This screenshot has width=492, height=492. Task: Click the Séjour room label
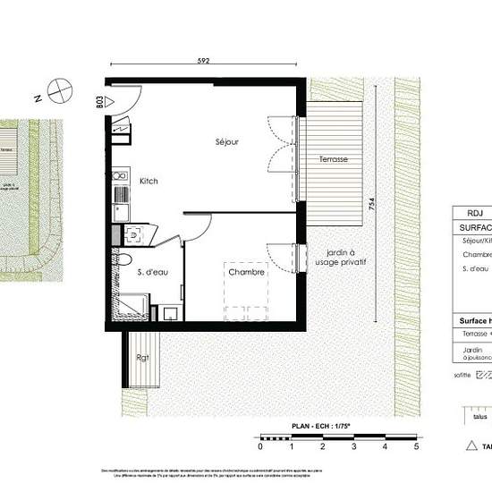coord(226,142)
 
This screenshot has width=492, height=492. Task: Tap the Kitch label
coord(148,182)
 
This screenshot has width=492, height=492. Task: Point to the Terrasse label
coord(334,159)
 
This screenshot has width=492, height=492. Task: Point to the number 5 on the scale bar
coord(415,445)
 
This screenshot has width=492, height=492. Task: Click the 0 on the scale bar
coord(260,445)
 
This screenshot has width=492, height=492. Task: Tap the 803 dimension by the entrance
coord(99,100)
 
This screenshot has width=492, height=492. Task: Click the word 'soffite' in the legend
coord(463,376)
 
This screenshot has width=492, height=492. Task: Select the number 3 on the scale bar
coord(353,445)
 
